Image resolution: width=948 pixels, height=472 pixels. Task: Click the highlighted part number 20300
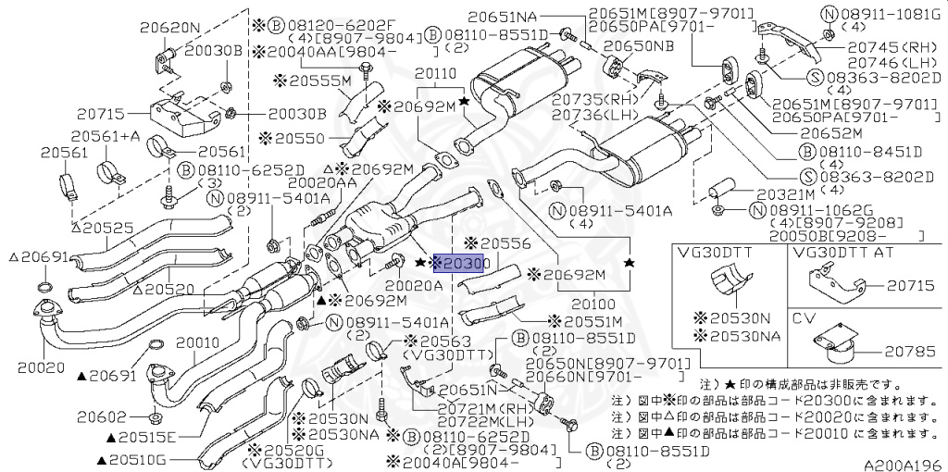[463, 264]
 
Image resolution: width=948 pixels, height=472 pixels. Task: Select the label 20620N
[169, 28]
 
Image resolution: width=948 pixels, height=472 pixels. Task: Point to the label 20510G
[137, 458]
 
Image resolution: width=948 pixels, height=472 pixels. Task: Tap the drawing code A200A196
[903, 463]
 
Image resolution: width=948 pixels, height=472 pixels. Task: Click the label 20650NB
[634, 44]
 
